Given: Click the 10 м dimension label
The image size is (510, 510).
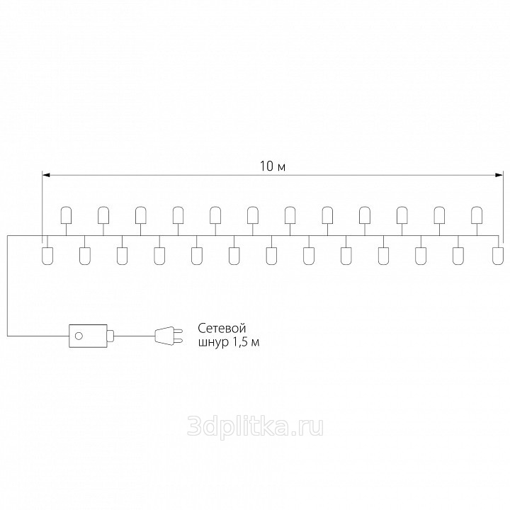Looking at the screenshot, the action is coord(273,166).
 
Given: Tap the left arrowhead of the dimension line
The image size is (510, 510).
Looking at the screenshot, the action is coord(46,175).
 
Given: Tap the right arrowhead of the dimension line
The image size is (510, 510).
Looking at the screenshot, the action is coord(499,175).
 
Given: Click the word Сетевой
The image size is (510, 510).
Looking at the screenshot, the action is coord(222,328).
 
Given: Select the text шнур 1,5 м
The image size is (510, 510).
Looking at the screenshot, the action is coord(229,343).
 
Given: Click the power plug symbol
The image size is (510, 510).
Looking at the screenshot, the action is coord(169,336).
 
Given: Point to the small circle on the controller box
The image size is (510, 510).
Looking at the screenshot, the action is coord(79,336).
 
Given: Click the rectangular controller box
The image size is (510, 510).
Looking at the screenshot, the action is coord(88,336).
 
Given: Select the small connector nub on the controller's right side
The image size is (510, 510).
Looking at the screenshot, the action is coord(110,336).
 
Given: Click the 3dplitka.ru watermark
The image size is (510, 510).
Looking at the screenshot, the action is coord(255,426).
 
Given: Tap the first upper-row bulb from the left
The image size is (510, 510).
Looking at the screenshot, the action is coord(66,215).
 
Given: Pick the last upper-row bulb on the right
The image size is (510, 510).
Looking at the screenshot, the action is coord(477,215).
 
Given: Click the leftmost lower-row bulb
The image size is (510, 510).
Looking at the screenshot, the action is coord(47,256).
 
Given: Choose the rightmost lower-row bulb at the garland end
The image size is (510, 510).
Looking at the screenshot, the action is coord(498,256).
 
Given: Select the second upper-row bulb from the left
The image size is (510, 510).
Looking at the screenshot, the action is coord(103,215).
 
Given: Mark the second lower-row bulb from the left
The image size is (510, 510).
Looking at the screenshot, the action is coord(85,256).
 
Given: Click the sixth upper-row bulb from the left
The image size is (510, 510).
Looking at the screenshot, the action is coord(253,215).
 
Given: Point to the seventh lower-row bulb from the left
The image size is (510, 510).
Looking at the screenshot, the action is coord(271,256).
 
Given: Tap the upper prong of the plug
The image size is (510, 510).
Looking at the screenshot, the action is coord(178,331).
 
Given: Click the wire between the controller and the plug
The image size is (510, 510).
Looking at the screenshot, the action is coord(135,336).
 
